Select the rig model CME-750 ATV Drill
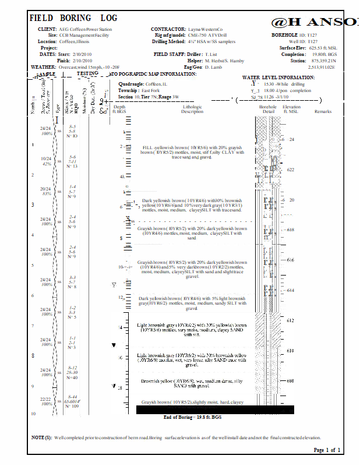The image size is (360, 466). coord(211,35)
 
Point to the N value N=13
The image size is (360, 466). coord(72,167)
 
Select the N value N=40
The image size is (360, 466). coord(72,378)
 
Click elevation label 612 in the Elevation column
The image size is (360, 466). coord(291,321)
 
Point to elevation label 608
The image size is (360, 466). coord(291,382)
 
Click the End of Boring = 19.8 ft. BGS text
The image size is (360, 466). coord(192,417)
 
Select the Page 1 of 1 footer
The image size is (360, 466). coord(327,450)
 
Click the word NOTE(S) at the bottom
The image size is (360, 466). coord(41,437)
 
